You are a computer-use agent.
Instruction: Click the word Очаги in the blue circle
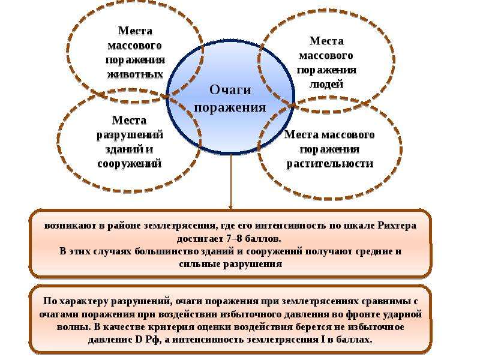pos(230,90)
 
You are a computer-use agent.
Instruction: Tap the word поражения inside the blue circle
pos(230,108)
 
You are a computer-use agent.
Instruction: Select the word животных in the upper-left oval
pos(135,74)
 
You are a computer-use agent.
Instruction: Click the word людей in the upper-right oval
pos(326,84)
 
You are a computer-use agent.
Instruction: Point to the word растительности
pos(330,163)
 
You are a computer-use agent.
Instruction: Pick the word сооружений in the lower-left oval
pos(130,163)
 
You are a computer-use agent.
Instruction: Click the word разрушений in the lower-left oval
pos(130,135)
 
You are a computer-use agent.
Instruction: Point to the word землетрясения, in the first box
pos(181,226)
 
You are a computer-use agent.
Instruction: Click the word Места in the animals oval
pos(135,31)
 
